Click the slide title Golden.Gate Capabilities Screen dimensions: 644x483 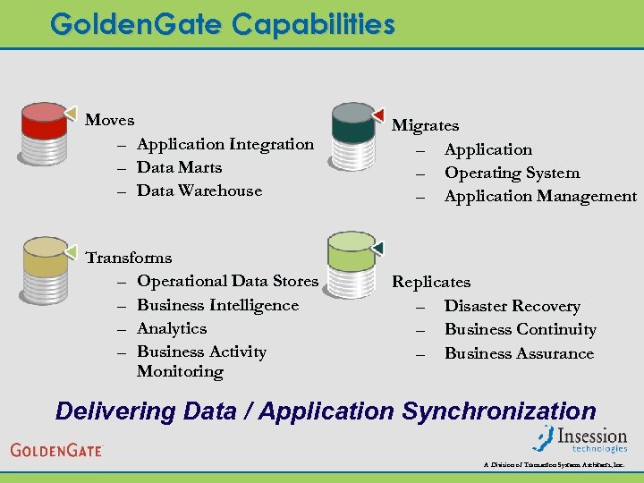click(222, 24)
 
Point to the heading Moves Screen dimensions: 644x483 click(109, 120)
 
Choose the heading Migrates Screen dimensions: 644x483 click(425, 126)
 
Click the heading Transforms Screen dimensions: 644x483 click(128, 258)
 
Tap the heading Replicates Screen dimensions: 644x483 click(431, 282)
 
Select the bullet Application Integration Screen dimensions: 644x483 click(225, 144)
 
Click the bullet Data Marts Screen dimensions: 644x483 click(179, 167)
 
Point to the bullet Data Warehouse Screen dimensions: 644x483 click(199, 191)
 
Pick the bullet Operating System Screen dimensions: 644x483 click(512, 173)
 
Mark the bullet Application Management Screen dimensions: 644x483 click(540, 196)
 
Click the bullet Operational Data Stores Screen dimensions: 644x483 click(227, 281)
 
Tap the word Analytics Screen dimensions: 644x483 click(172, 328)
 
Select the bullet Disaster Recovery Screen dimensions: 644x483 click(512, 306)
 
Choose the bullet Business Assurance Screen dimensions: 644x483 click(519, 353)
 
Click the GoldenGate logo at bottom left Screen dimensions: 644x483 click(56, 449)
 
